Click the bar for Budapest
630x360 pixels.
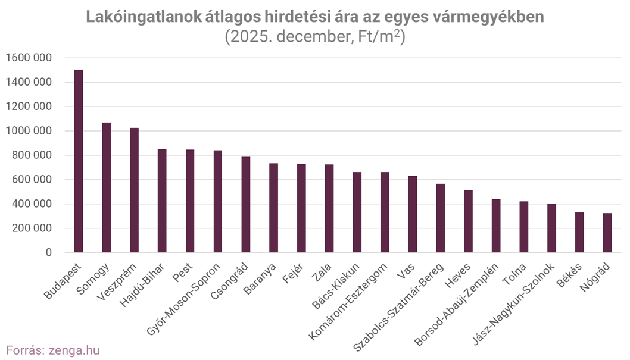click(x=79, y=161)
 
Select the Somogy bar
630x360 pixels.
click(x=107, y=187)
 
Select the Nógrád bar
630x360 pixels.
click(x=607, y=233)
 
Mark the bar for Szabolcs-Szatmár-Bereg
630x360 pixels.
click(x=441, y=218)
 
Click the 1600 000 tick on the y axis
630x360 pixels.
click(x=28, y=58)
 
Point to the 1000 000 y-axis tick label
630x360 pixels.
click(x=28, y=131)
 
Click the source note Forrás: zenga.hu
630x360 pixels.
click(x=52, y=350)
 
